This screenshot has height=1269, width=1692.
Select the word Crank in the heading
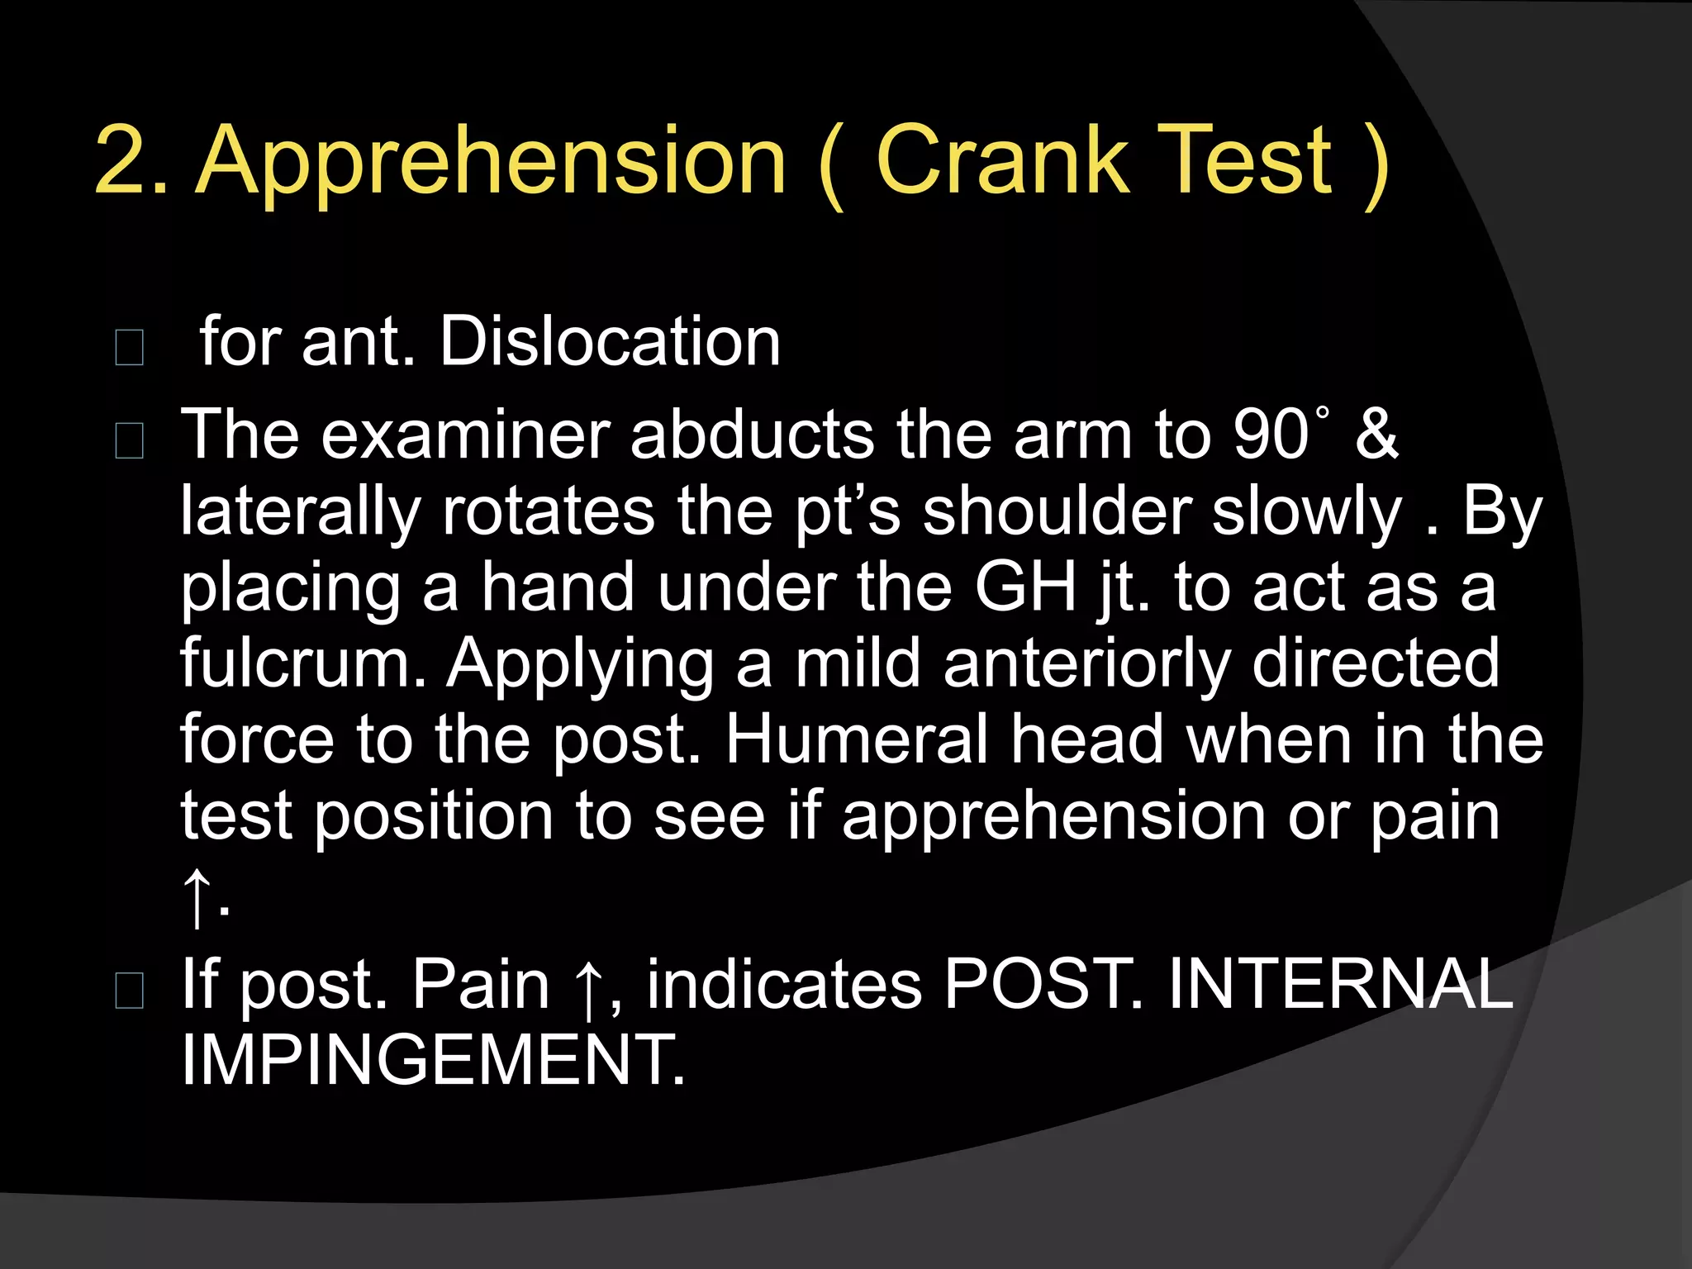[1000, 160]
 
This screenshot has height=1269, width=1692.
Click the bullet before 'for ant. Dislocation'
[130, 347]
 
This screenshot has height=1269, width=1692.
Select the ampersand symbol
[1376, 435]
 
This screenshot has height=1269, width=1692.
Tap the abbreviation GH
[1024, 587]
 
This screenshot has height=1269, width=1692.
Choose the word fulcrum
[302, 663]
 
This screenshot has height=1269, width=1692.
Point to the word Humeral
[856, 739]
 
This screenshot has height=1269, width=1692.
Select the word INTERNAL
[1339, 984]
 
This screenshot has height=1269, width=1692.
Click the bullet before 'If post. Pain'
[130, 990]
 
